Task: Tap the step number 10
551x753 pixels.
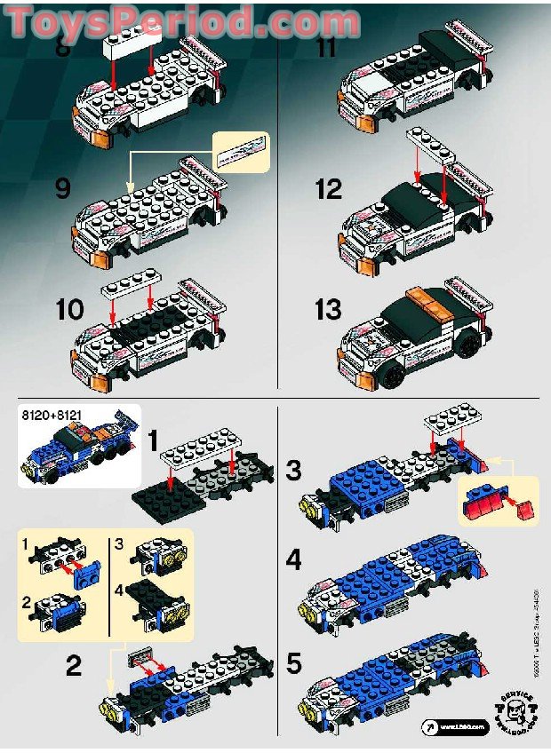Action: point(69,310)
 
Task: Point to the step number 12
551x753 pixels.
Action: point(327,188)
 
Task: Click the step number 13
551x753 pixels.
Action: point(327,310)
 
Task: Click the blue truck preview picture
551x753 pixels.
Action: point(77,452)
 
